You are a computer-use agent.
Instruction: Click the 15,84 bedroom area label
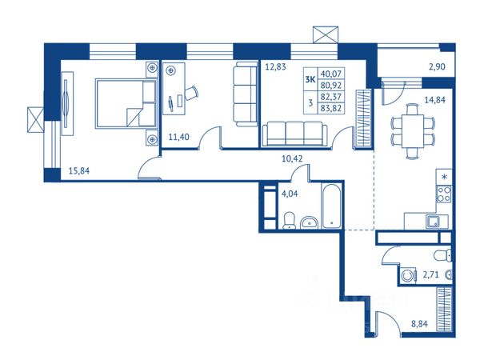click(79, 171)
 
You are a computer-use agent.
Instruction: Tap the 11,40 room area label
click(178, 137)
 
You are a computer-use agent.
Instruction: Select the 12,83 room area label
click(275, 66)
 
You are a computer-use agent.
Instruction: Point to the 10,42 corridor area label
click(292, 158)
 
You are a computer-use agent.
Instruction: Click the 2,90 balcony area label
click(437, 66)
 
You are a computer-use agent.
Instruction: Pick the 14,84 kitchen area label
click(434, 100)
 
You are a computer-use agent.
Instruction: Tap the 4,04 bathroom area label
click(290, 194)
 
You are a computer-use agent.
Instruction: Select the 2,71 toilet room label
click(430, 274)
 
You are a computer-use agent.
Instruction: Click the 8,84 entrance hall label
click(419, 323)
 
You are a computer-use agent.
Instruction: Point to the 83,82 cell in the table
click(331, 108)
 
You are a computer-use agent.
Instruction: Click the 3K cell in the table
click(310, 79)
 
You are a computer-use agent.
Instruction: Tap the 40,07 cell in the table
click(331, 74)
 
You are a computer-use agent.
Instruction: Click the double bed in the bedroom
click(126, 103)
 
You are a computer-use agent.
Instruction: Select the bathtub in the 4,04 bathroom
click(331, 206)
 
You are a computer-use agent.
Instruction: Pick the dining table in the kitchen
click(413, 131)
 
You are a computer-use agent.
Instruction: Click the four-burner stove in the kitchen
click(443, 194)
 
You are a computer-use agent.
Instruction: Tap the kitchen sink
click(433, 222)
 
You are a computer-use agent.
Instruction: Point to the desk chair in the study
click(191, 93)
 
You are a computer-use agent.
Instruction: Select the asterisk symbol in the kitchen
click(444, 177)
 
